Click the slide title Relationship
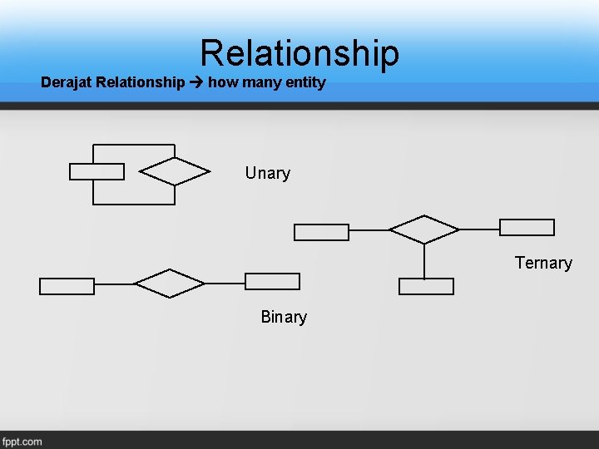(299, 52)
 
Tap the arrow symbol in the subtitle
(196, 82)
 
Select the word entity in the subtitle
(304, 82)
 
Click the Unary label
(267, 173)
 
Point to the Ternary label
(543, 263)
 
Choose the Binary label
(284, 317)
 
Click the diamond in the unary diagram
(175, 171)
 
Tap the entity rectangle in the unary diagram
(97, 171)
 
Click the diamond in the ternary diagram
(424, 229)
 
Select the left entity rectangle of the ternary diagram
(322, 232)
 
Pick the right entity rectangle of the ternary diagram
(527, 227)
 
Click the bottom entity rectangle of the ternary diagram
(426, 286)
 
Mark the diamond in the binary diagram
(170, 284)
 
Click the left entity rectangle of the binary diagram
(67, 286)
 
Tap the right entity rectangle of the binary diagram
(272, 281)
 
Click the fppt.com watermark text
(22, 441)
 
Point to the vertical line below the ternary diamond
(424, 261)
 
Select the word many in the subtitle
(260, 82)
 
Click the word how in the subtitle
(222, 82)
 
